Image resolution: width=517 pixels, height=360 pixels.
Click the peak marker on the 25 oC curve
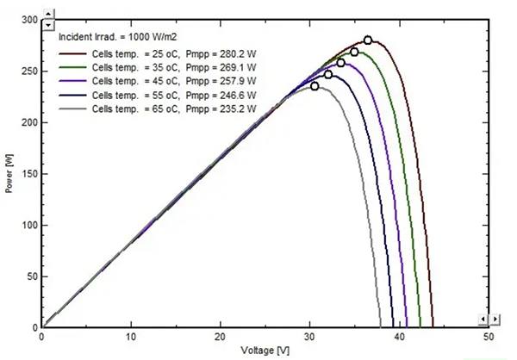368,40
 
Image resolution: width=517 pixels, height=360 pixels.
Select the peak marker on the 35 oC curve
354,52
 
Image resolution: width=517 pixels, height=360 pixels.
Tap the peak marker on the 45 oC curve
340,63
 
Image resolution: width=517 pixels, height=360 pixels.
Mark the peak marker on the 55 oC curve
328,75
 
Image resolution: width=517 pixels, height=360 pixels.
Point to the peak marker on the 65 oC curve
315,86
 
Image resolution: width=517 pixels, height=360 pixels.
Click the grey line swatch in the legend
72,108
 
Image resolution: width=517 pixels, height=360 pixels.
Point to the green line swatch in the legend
72,68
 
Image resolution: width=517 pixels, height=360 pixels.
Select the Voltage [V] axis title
265,351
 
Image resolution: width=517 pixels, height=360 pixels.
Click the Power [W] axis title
9,173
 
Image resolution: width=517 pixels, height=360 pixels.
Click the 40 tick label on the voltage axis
399,337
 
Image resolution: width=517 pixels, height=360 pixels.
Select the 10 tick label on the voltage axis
131,337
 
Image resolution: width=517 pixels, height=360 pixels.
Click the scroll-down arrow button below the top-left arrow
47,27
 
